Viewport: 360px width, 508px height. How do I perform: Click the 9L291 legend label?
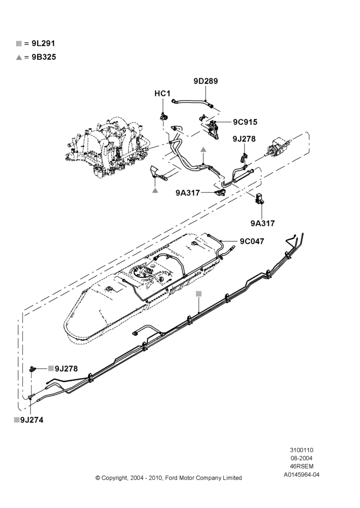click(x=43, y=43)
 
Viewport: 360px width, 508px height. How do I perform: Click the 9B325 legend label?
click(x=44, y=57)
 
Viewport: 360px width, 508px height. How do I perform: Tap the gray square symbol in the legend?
click(x=19, y=44)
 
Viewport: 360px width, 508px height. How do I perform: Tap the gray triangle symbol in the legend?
click(x=19, y=57)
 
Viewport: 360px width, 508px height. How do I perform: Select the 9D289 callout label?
click(x=205, y=81)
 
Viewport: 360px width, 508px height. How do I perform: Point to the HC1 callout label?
click(x=162, y=93)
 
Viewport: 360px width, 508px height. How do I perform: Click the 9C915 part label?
click(x=245, y=122)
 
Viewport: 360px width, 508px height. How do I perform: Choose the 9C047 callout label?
click(x=252, y=241)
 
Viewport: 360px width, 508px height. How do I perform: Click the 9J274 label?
click(x=32, y=420)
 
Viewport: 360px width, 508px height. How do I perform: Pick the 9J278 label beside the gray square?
click(x=66, y=369)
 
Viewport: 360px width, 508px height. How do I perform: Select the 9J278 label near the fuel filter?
click(x=244, y=139)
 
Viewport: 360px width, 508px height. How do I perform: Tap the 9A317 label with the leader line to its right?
click(x=188, y=193)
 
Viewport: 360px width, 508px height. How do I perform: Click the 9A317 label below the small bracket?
click(x=262, y=223)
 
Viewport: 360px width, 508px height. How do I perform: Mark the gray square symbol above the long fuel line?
click(x=199, y=294)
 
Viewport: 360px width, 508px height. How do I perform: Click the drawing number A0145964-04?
click(x=302, y=474)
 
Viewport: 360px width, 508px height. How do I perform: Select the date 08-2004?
click(x=302, y=458)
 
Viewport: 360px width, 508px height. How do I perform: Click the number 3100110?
click(x=302, y=450)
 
